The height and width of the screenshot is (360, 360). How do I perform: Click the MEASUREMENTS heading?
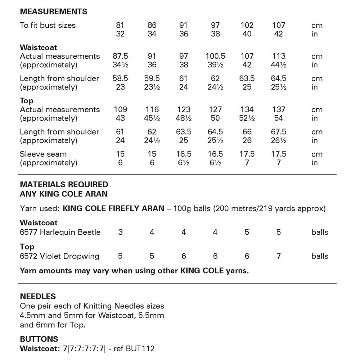point(53,12)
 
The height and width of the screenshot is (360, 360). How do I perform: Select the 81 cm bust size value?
point(120,25)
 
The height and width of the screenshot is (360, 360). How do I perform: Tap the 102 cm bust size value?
point(247,25)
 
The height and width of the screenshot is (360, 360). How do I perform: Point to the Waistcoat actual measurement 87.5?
point(120,56)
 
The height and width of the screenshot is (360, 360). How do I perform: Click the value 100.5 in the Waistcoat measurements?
point(215,56)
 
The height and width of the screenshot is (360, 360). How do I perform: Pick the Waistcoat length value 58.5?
point(120,78)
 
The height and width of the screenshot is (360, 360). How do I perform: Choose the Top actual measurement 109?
point(120,109)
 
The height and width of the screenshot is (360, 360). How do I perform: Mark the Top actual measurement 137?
point(279,109)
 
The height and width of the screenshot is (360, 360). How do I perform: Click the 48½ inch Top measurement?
point(184,118)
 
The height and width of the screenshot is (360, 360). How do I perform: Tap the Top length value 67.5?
point(279,132)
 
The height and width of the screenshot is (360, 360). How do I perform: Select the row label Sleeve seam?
point(43,154)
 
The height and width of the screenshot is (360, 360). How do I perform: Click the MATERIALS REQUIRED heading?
point(64,184)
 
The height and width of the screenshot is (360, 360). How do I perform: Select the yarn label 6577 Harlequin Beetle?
point(60,232)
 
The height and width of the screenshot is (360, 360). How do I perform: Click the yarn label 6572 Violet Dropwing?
point(59,256)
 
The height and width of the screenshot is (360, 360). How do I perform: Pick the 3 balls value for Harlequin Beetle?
point(120,232)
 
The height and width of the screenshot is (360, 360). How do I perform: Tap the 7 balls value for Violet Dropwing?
point(279,256)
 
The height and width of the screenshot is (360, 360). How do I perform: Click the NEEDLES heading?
point(38,297)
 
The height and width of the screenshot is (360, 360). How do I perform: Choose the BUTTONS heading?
point(39,339)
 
